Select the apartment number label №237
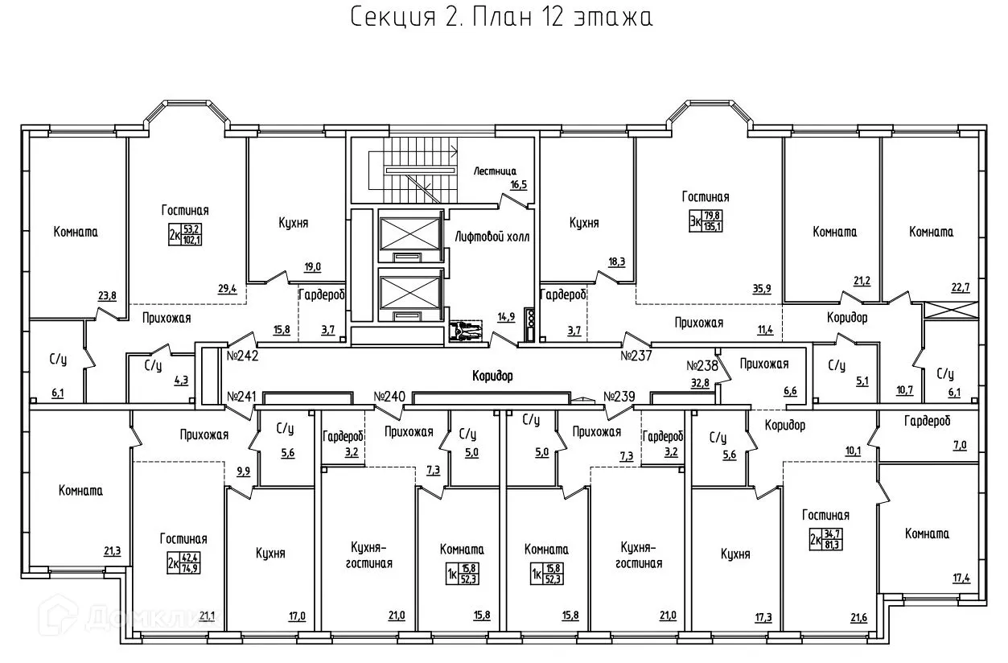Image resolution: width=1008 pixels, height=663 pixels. click(x=636, y=354)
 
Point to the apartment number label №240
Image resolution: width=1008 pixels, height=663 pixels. click(x=389, y=396)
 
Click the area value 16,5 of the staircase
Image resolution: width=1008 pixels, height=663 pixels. click(x=518, y=184)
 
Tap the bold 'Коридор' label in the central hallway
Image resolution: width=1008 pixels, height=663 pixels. click(x=492, y=376)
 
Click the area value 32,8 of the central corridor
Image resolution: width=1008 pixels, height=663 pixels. click(x=699, y=382)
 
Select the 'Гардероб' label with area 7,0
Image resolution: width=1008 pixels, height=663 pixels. click(x=927, y=421)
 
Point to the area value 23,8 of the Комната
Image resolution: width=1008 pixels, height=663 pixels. click(x=107, y=295)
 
